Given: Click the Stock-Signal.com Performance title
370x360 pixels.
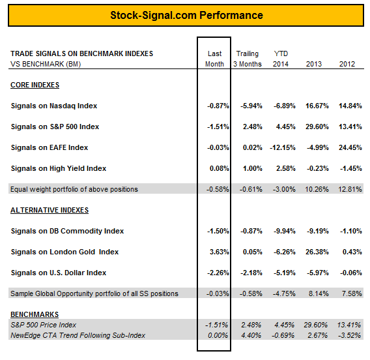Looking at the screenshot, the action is pos(186,16).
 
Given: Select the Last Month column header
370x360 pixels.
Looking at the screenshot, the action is pos(214,59).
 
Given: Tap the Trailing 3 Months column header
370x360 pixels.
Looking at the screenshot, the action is pos(248,59).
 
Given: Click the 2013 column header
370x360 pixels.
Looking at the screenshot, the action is pos(314,64).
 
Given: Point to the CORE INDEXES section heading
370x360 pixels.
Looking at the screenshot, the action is pos(35,85).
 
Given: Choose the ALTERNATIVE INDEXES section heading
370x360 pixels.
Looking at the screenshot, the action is pos(50,210).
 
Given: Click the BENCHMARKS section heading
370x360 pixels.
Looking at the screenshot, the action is pos(35,314).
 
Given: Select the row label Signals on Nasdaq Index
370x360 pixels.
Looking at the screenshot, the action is pos(54,106).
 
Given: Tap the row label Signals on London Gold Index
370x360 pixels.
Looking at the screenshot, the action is pos(64,252).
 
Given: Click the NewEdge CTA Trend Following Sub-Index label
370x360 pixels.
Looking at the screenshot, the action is pos(78,335).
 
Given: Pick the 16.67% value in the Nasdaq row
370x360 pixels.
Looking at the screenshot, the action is pos(317,106).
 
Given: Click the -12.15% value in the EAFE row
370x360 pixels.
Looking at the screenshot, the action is pos(283,147).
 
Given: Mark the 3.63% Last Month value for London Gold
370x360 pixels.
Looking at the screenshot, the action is pos(220,252).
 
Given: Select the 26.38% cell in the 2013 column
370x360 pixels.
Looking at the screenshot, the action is pos(317,252).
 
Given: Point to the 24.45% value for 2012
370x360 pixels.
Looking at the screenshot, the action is pos(350,147).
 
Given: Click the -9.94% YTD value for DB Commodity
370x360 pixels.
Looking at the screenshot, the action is pos(285,231).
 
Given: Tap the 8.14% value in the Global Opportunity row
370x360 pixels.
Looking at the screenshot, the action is pos(319,293).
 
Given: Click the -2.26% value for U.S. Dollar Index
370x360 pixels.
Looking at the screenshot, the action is pos(218,273).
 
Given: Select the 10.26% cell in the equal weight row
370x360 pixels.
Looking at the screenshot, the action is pos(317,189).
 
